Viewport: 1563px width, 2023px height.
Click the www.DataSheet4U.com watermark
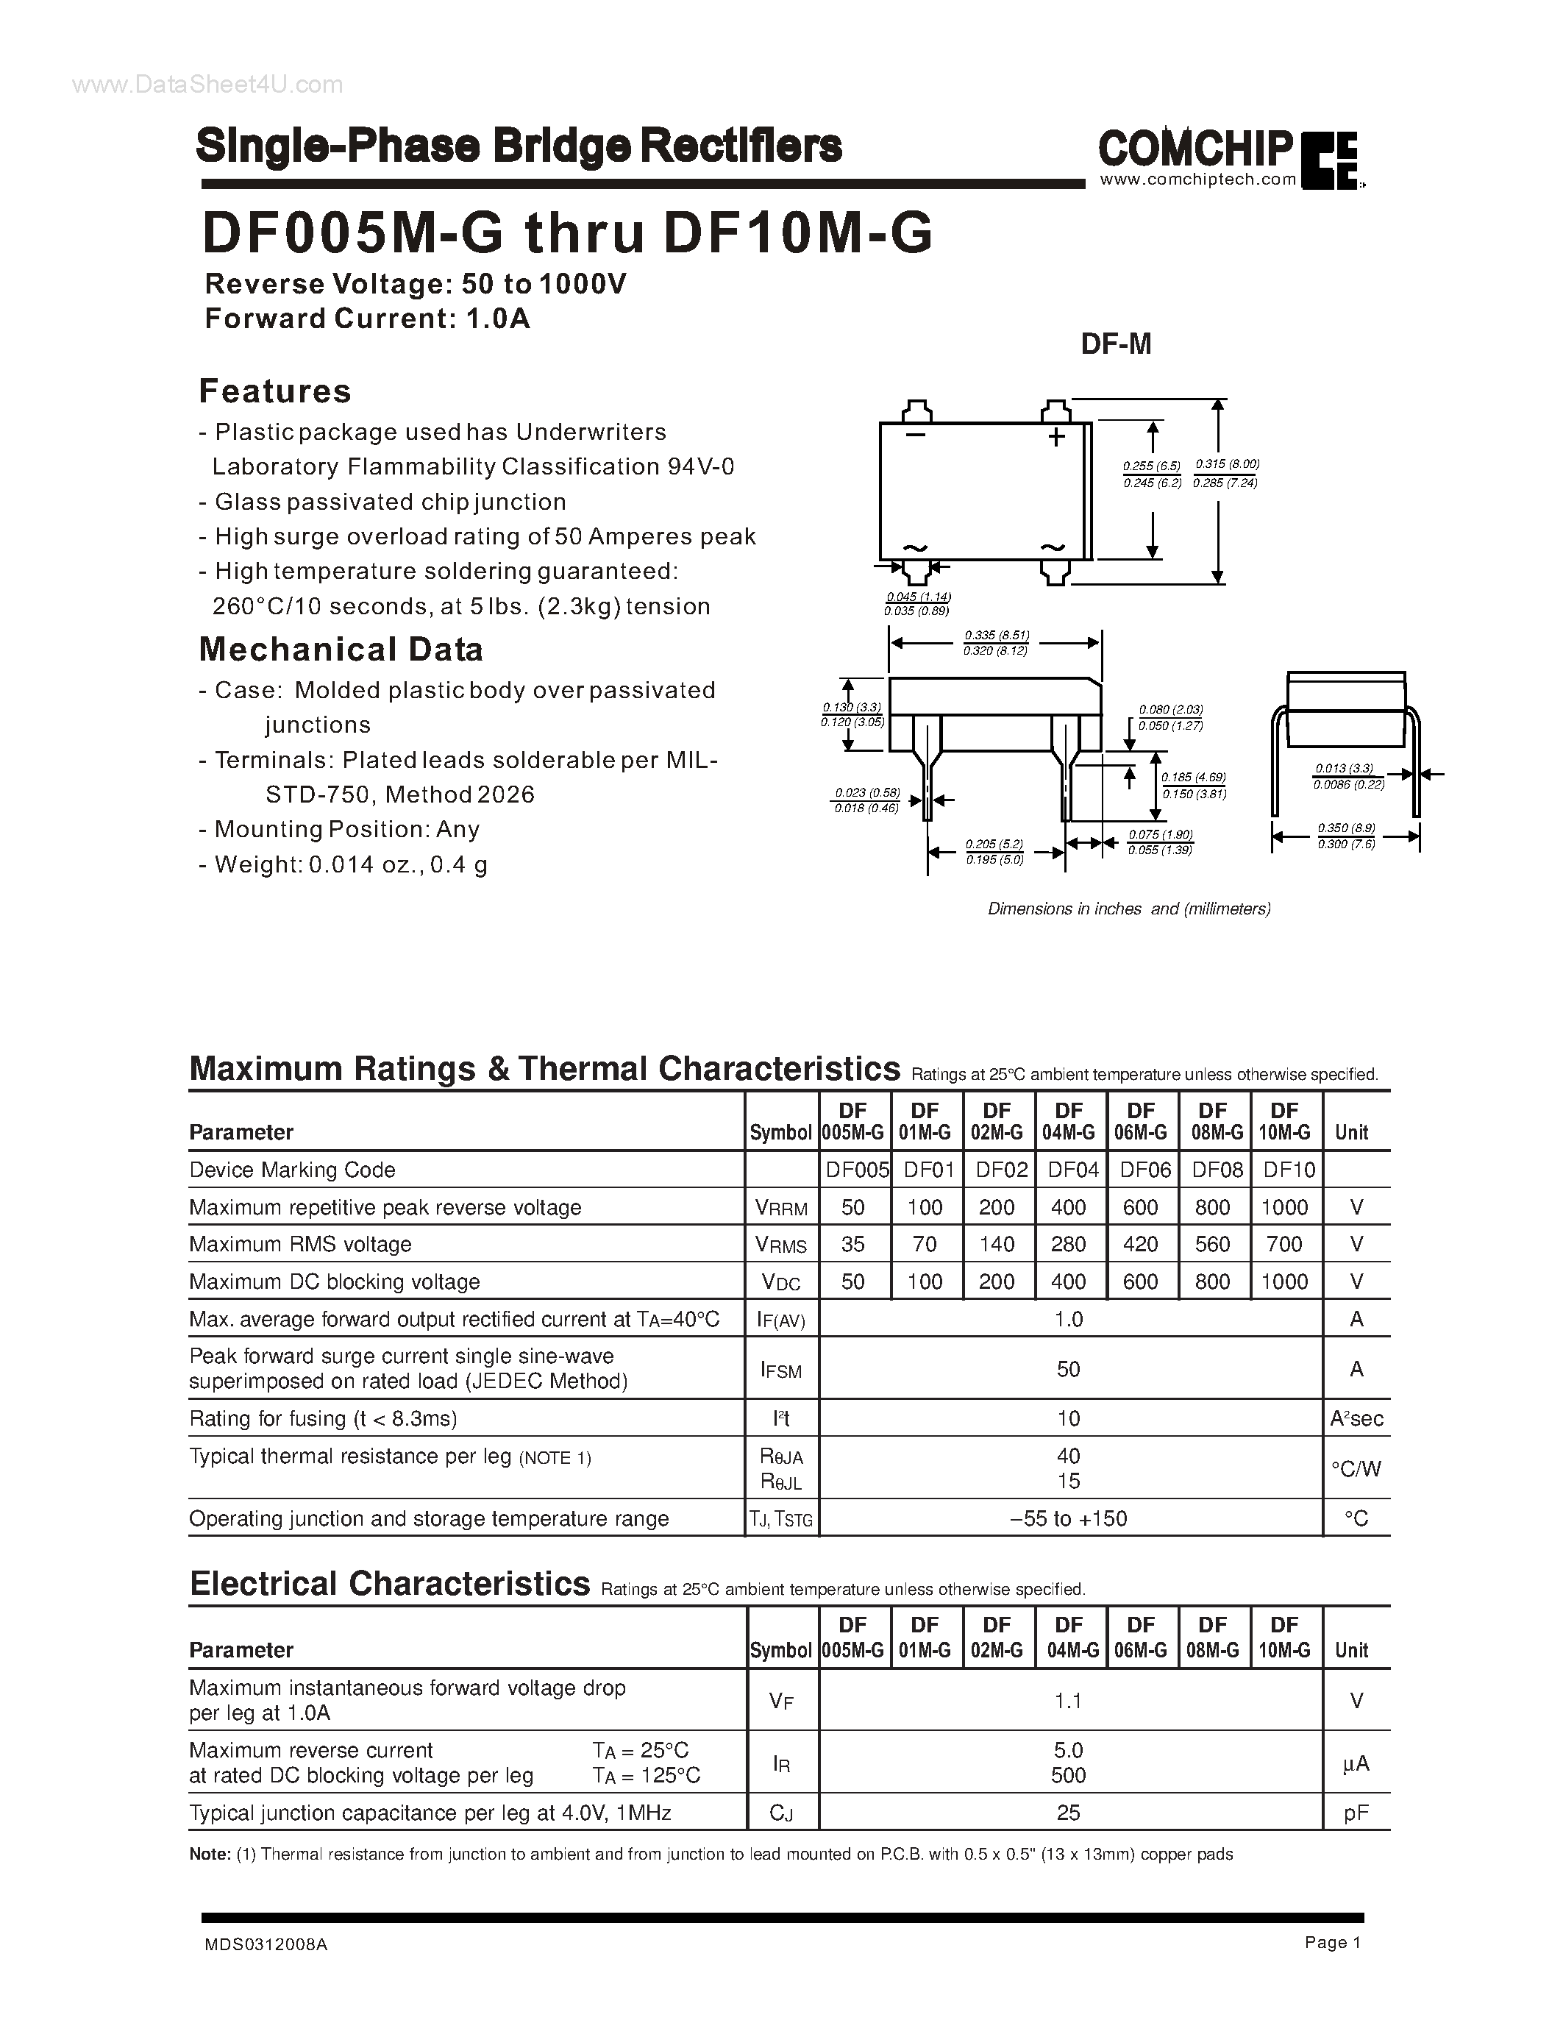click(207, 85)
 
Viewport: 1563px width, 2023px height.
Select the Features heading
click(275, 391)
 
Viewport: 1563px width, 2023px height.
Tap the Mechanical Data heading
click(341, 650)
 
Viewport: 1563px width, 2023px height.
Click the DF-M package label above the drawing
click(1116, 344)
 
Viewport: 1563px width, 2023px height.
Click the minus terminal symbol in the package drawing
click(916, 435)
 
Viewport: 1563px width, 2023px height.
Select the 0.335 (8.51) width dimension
click(997, 636)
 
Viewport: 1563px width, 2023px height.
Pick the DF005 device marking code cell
click(855, 1170)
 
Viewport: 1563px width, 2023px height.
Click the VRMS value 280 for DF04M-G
click(1069, 1244)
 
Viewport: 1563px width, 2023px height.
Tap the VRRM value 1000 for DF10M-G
click(1284, 1207)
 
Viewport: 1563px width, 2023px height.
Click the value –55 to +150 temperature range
click(1069, 1518)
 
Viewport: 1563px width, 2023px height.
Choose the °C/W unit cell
click(1356, 1468)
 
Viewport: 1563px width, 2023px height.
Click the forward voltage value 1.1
click(1069, 1701)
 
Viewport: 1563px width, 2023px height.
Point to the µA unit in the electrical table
click(1356, 1763)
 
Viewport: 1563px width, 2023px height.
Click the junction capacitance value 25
click(1069, 1813)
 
